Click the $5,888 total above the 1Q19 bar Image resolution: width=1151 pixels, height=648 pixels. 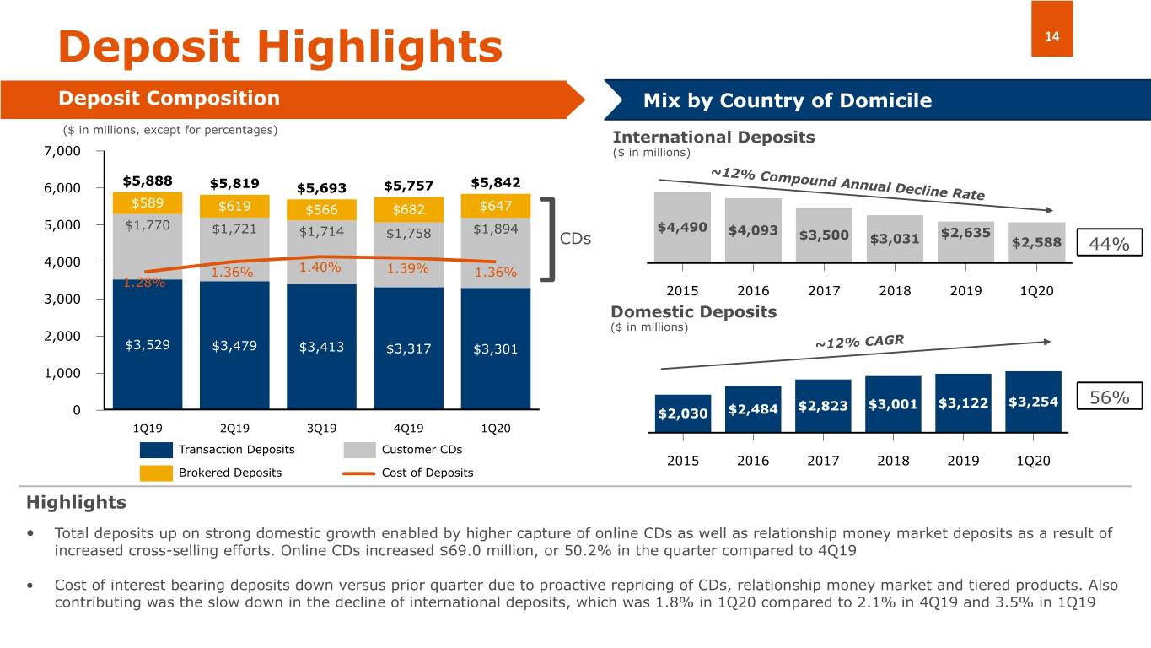148,181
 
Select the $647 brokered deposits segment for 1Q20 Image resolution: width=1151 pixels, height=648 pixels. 496,206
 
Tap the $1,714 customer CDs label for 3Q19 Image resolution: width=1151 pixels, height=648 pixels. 321,232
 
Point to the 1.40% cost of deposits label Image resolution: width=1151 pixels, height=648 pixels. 320,267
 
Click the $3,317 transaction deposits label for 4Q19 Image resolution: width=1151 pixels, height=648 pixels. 408,349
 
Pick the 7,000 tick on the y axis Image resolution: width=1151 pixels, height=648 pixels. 63,151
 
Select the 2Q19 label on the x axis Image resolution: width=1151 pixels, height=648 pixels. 234,428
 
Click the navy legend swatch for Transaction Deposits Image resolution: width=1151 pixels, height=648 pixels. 156,450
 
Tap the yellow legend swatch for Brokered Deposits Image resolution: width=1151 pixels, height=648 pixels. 156,472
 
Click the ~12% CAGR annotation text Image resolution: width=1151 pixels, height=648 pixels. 858,343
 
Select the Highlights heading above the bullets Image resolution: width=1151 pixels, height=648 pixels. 77,503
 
